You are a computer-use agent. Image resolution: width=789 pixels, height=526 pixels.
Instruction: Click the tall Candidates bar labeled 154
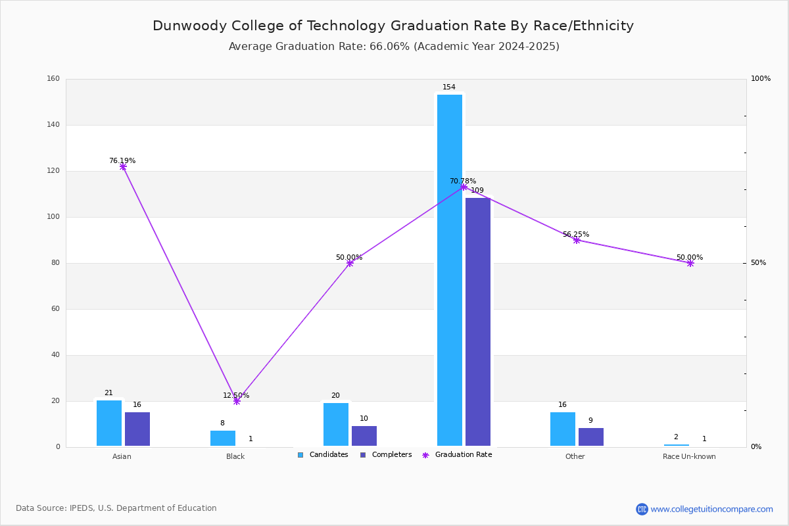[450, 270]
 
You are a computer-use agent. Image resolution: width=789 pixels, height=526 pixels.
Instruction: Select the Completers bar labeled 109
[477, 322]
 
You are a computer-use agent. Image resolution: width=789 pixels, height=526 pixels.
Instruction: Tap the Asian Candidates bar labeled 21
[109, 423]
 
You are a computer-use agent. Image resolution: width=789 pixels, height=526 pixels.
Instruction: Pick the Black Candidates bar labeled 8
[223, 439]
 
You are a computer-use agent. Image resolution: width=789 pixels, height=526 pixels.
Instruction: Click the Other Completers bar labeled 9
[591, 437]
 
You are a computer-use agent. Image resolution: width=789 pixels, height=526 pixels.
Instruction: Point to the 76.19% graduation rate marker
[123, 166]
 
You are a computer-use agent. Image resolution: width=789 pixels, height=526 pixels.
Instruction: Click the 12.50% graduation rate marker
[237, 401]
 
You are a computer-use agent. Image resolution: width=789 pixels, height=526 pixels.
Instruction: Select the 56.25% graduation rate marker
[577, 240]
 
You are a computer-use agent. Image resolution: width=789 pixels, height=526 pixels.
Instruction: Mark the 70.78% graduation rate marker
[464, 187]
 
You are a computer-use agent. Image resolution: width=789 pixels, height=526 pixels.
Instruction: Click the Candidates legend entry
[323, 454]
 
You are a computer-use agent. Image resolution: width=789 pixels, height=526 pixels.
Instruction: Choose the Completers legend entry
[386, 454]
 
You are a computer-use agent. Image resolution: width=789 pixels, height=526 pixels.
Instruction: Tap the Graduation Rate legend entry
[457, 454]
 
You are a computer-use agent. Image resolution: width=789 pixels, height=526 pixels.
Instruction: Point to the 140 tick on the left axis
[53, 124]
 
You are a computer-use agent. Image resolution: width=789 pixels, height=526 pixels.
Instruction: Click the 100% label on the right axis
[761, 78]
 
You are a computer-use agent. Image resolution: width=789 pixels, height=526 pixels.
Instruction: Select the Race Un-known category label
[689, 456]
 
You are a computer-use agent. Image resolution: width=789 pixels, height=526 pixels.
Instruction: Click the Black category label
[235, 456]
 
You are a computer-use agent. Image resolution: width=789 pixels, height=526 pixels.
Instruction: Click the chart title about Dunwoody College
[393, 26]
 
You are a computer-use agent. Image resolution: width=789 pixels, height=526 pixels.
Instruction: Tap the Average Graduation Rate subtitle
[394, 47]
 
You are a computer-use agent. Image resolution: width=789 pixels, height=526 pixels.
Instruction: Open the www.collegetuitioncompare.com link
[711, 509]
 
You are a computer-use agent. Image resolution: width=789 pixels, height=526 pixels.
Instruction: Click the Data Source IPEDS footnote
[116, 508]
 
